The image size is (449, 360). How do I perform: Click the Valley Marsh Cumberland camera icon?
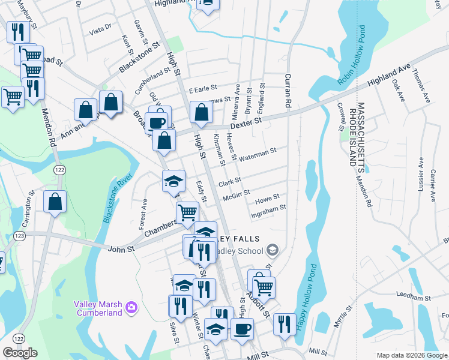tap(131, 308)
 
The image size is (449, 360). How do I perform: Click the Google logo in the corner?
tap(20, 352)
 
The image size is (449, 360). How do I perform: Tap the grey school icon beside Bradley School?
tap(273, 250)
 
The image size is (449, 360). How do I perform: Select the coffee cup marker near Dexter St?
tap(157, 121)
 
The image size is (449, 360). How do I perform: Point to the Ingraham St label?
tap(268, 209)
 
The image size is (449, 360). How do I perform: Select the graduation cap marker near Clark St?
tap(173, 181)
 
